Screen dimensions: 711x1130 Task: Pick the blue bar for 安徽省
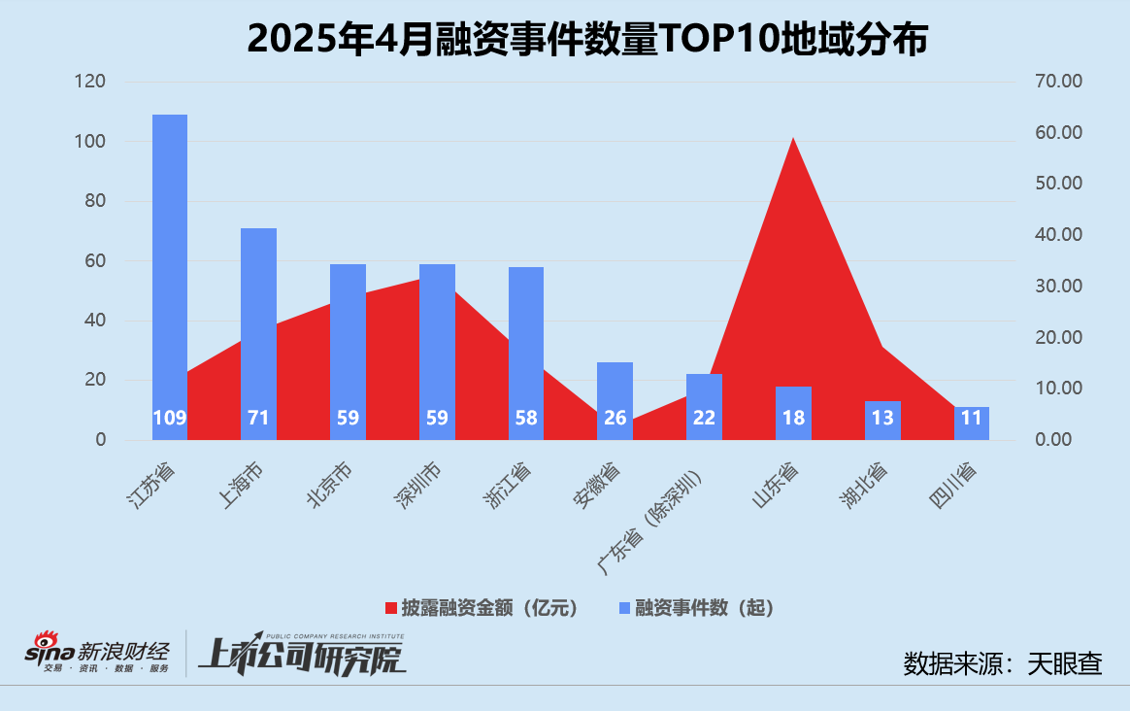tap(615, 389)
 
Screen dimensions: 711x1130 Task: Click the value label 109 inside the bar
tap(170, 419)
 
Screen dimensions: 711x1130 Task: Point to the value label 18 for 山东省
tap(793, 419)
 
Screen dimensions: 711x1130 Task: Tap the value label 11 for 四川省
tap(972, 419)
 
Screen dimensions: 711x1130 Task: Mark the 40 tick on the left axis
tap(94, 321)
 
